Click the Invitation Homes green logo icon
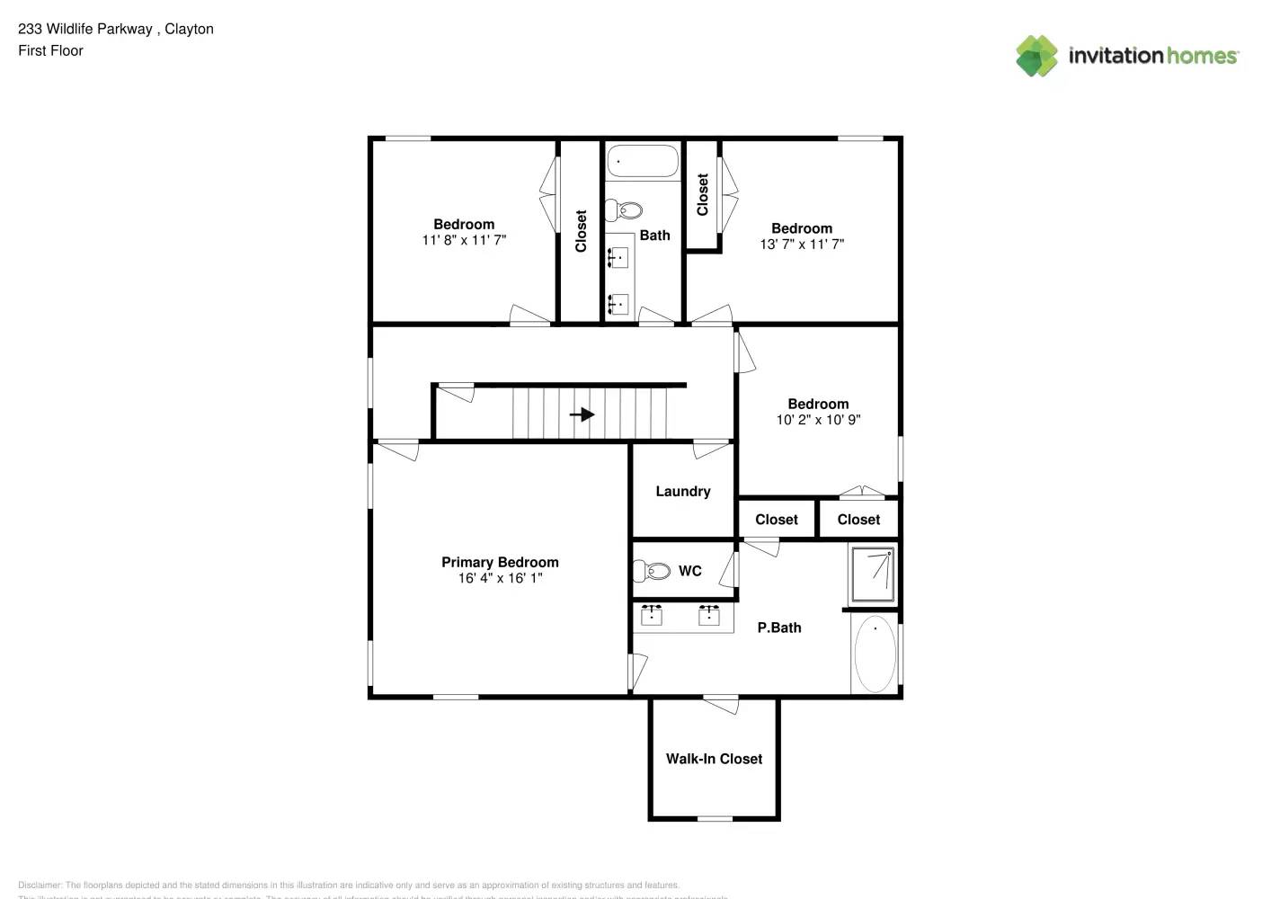pos(1036,56)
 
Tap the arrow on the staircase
pos(582,414)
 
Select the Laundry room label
pos(682,492)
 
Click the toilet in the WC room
pos(653,571)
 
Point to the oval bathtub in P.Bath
pos(875,654)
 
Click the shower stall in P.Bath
pos(873,574)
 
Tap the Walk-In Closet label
pos(714,759)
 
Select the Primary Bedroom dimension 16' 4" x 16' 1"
pos(500,578)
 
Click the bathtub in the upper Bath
pos(643,163)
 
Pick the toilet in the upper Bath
pos(626,211)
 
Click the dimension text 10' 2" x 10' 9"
pos(818,420)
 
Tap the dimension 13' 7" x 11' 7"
pos(802,245)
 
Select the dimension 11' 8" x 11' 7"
pos(464,240)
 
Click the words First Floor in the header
pos(50,51)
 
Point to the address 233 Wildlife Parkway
pos(85,29)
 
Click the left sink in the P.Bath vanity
pos(651,616)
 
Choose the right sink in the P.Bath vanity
pos(708,616)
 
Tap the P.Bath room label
pos(778,628)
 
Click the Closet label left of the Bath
pos(581,231)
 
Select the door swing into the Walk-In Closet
pos(721,705)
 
